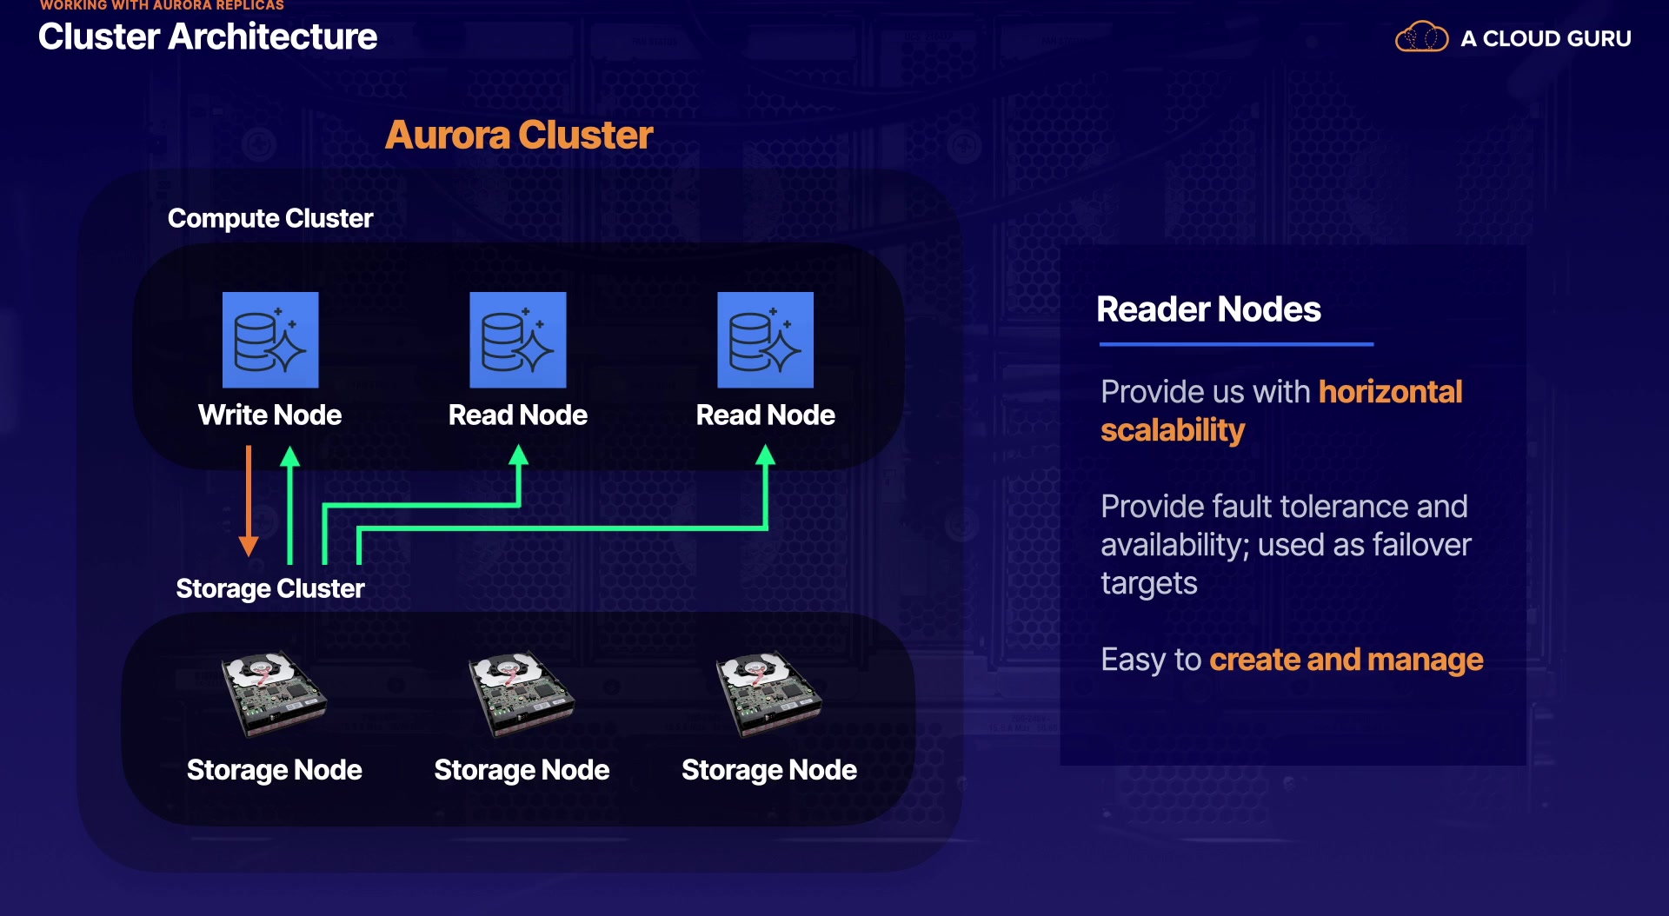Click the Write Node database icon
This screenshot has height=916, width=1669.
point(270,340)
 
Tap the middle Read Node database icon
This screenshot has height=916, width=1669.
point(518,340)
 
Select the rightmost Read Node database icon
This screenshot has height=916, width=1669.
point(765,340)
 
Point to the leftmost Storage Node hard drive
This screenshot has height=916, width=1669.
point(274,694)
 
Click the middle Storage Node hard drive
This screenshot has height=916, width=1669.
point(522,694)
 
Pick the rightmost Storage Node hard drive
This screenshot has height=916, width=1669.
point(768,694)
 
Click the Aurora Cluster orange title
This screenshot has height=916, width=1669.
point(519,135)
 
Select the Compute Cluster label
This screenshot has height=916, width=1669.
point(270,218)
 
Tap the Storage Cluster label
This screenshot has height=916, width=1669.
point(270,588)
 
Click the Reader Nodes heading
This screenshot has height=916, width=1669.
point(1208,309)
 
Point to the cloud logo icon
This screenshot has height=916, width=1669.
point(1421,37)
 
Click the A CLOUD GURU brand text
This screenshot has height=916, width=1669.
point(1546,38)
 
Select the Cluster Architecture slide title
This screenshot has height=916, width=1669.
point(208,37)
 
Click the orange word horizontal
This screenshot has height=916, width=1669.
point(1390,392)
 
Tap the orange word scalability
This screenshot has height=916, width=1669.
point(1173,430)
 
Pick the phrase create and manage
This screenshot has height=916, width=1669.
point(1346,660)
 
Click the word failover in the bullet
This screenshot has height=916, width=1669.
point(1421,545)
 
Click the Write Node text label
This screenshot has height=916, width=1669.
point(270,415)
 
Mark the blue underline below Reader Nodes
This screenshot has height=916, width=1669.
point(1236,344)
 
